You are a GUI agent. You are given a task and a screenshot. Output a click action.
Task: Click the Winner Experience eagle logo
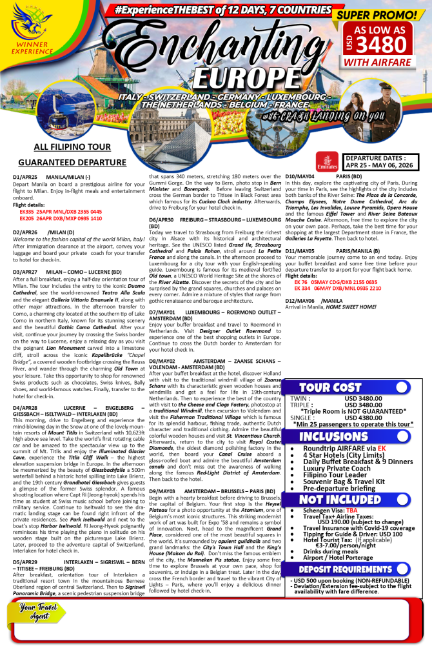30,33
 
